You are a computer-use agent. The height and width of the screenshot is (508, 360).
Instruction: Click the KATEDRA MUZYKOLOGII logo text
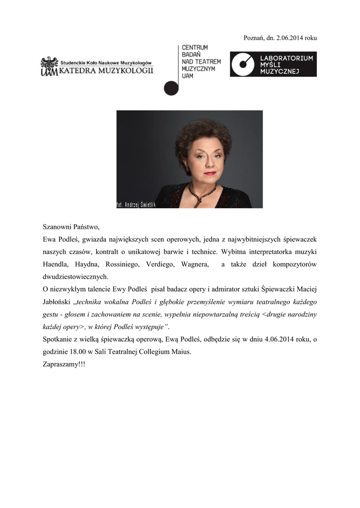pyautogui.click(x=106, y=71)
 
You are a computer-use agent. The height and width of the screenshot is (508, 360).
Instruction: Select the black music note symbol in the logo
pyautogui.click(x=171, y=87)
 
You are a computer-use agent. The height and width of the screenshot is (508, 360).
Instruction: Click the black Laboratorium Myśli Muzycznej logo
pyautogui.click(x=273, y=65)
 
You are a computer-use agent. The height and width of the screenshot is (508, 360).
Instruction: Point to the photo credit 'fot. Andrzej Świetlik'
pyautogui.click(x=136, y=204)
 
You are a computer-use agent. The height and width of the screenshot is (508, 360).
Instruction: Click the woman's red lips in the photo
pyautogui.click(x=210, y=173)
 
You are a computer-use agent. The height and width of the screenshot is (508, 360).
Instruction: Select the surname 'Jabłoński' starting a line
pyautogui.click(x=56, y=302)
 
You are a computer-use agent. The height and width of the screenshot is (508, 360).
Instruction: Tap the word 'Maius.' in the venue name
pyautogui.click(x=180, y=351)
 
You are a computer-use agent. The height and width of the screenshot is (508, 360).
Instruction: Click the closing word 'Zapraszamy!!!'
pyautogui.click(x=64, y=364)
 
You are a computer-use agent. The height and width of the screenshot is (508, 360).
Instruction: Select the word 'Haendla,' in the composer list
pyautogui.click(x=56, y=264)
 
